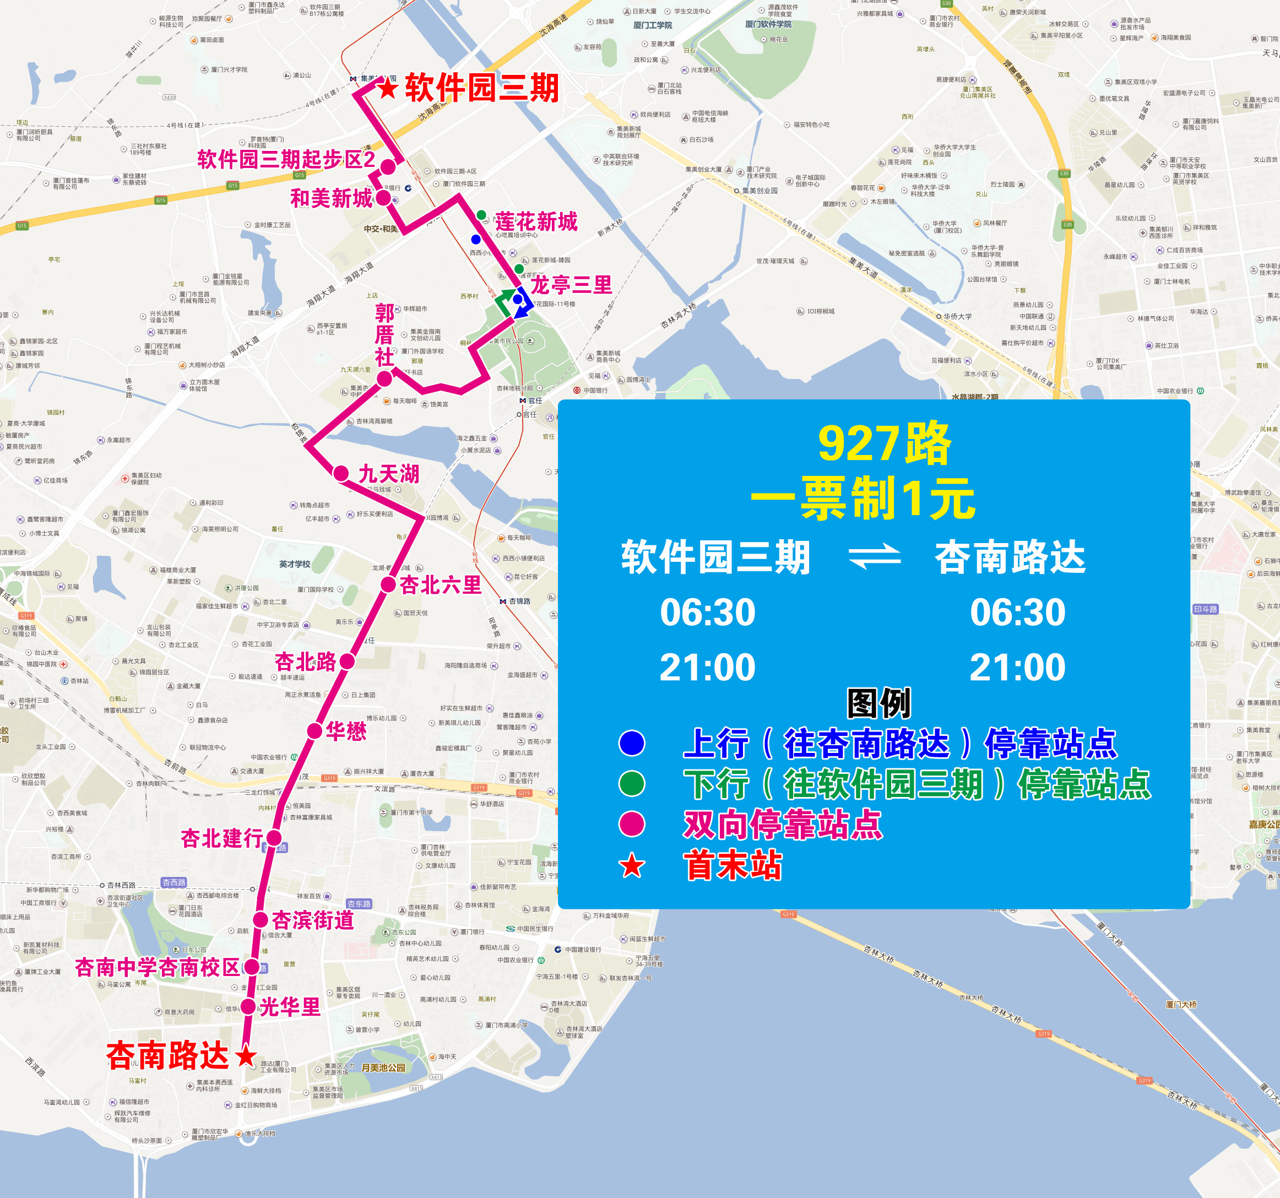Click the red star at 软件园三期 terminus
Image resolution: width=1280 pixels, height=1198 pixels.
click(x=388, y=88)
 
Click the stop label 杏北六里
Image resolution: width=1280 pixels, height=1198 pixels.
click(x=441, y=584)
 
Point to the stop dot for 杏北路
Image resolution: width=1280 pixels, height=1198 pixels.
click(x=347, y=660)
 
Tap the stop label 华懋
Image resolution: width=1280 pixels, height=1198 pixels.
click(x=346, y=731)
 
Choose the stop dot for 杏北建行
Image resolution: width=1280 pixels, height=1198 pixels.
click(x=274, y=838)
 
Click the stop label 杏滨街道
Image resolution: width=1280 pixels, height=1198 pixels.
click(x=313, y=920)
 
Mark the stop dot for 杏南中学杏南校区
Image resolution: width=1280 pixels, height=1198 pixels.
click(x=252, y=967)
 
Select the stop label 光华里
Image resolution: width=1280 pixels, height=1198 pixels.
click(x=290, y=1007)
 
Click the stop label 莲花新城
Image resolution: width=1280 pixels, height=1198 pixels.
click(x=536, y=221)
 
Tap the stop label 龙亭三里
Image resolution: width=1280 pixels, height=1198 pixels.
click(x=571, y=285)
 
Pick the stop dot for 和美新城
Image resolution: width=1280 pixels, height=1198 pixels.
click(x=383, y=198)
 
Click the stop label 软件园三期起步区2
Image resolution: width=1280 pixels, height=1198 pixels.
click(x=286, y=159)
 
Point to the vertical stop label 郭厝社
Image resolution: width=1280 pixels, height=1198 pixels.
click(x=384, y=335)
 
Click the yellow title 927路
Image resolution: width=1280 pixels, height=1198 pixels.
click(x=884, y=443)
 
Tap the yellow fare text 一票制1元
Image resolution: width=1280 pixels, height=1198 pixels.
click(x=863, y=498)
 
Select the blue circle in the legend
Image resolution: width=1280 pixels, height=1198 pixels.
click(x=632, y=743)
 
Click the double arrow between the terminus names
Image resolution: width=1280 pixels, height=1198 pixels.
click(x=875, y=557)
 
